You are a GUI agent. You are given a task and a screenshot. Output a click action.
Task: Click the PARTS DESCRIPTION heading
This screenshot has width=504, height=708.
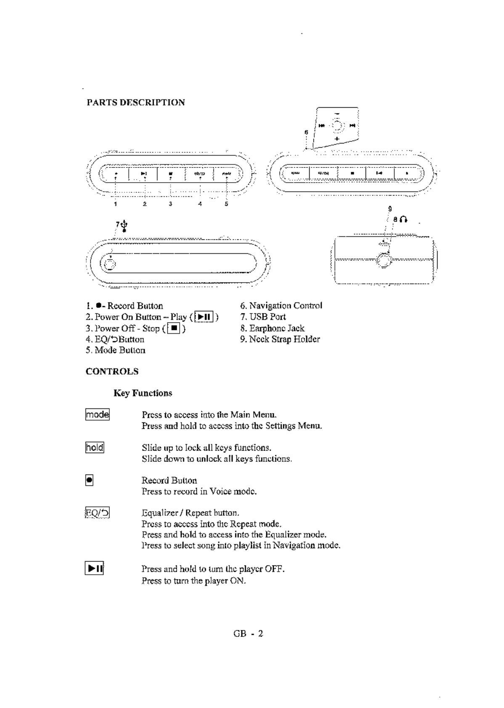click(x=135, y=102)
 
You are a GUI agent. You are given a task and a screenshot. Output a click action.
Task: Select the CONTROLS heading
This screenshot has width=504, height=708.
click(x=112, y=371)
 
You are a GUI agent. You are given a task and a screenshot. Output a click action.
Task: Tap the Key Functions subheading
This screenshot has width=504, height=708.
click(x=143, y=393)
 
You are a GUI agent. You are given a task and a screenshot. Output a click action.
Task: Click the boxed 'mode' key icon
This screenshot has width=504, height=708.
click(x=97, y=415)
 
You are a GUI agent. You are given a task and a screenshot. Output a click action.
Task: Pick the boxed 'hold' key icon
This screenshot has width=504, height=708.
click(x=95, y=447)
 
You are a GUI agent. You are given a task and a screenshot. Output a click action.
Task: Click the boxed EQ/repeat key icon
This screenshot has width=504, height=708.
click(x=97, y=513)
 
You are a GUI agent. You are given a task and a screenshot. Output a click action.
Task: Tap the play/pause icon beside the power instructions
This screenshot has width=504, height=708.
click(x=95, y=569)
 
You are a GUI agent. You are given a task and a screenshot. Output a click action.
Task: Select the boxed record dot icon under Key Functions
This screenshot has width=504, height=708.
click(x=89, y=480)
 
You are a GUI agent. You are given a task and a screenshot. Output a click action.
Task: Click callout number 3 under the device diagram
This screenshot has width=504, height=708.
click(x=170, y=204)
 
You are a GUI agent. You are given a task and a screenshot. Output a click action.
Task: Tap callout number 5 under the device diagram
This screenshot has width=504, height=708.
click(x=226, y=204)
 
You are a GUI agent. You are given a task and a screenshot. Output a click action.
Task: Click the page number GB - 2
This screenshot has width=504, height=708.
click(x=248, y=634)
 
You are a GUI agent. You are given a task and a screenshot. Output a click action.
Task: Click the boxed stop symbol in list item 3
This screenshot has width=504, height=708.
click(x=174, y=328)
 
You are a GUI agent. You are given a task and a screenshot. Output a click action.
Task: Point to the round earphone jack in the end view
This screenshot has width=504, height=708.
click(x=383, y=260)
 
